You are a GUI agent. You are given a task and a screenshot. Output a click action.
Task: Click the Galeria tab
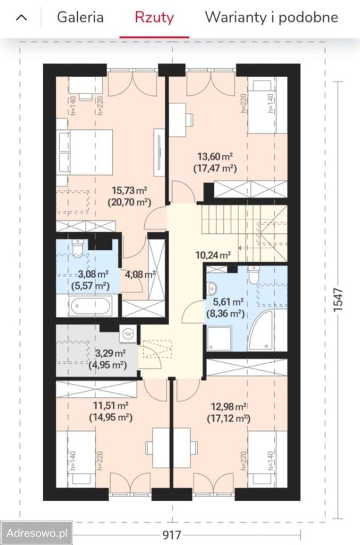(x=80, y=17)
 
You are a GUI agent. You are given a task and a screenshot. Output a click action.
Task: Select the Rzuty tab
(x=154, y=18)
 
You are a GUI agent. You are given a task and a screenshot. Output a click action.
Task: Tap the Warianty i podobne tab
(x=271, y=17)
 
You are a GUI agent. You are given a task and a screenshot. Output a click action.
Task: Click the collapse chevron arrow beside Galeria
(x=22, y=18)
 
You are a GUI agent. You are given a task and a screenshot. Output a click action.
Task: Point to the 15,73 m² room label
(x=129, y=191)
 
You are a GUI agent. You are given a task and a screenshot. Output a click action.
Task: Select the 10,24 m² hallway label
(x=213, y=255)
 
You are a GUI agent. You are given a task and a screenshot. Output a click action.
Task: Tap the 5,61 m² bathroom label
(x=225, y=301)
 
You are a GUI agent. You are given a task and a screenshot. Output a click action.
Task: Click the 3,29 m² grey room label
(x=111, y=354)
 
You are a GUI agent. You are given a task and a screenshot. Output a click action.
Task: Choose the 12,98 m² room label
(x=229, y=406)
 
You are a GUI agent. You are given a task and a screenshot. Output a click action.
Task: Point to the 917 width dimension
(x=172, y=535)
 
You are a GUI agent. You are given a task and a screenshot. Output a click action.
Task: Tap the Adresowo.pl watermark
(x=36, y=533)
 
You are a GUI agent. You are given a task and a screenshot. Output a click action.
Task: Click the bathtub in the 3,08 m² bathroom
(x=90, y=306)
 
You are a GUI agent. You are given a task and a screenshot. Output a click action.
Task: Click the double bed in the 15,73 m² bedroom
(x=86, y=152)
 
